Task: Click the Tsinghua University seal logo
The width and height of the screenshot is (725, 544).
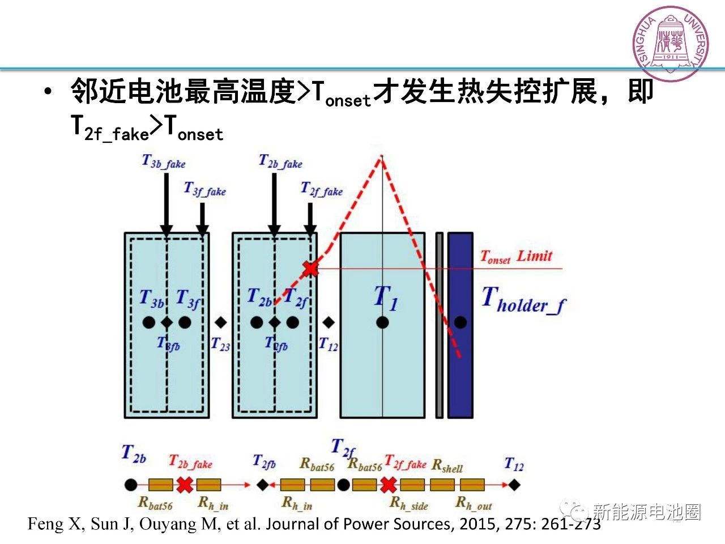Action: click(671, 44)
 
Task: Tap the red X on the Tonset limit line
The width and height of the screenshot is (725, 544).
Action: click(310, 268)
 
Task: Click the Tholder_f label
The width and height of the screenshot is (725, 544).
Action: click(523, 300)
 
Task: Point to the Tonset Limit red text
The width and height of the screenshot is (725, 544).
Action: click(516, 257)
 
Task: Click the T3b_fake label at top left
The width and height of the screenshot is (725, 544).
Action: click(164, 162)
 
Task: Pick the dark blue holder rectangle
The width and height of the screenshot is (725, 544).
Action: click(460, 325)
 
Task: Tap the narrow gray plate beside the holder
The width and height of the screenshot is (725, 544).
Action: click(439, 325)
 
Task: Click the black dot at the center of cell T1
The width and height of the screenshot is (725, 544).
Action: click(382, 322)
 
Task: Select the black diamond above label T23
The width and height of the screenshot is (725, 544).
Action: click(221, 322)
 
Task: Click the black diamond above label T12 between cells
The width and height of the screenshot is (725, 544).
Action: click(329, 322)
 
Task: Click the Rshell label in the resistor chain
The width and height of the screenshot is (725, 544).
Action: click(447, 466)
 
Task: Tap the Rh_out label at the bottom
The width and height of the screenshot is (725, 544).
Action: click(474, 503)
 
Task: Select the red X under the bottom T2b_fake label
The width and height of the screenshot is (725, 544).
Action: click(185, 484)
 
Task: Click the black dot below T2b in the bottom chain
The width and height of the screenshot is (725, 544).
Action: click(131, 484)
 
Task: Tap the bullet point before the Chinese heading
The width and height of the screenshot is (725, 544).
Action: click(49, 91)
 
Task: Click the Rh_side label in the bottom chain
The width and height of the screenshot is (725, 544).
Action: click(409, 503)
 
